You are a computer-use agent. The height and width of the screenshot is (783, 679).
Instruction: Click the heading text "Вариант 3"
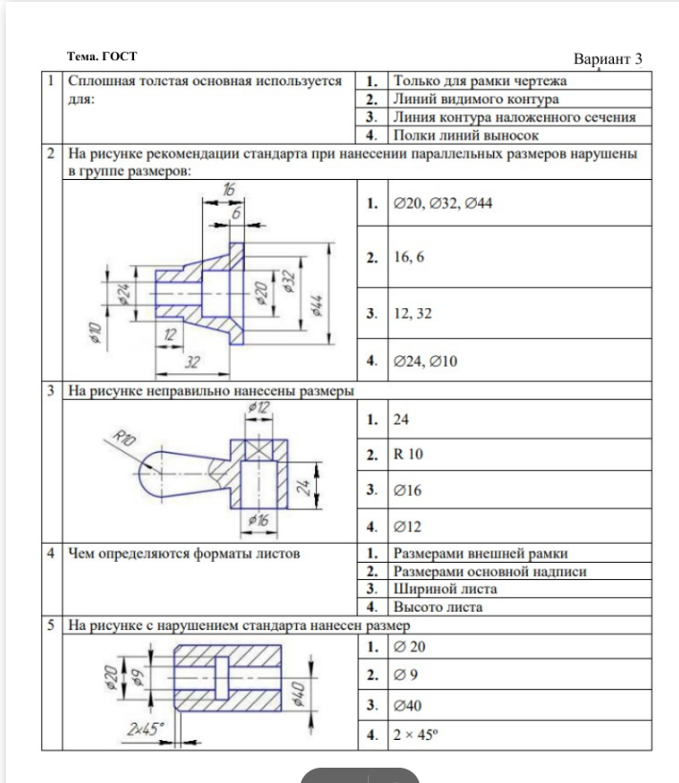[x=607, y=59]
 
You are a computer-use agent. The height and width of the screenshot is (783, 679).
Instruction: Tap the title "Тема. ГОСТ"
[x=102, y=57]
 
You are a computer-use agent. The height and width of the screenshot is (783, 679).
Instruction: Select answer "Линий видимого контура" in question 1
[x=476, y=99]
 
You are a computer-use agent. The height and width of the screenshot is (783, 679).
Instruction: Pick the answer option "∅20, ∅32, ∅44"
[x=442, y=204]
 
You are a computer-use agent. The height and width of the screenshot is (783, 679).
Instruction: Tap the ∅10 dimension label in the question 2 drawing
[x=95, y=331]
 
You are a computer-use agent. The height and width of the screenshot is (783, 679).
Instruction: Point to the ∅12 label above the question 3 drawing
[x=259, y=409]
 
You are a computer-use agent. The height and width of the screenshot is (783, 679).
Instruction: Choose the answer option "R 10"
[x=410, y=455]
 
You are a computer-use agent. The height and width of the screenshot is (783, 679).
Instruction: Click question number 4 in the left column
[x=51, y=553]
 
